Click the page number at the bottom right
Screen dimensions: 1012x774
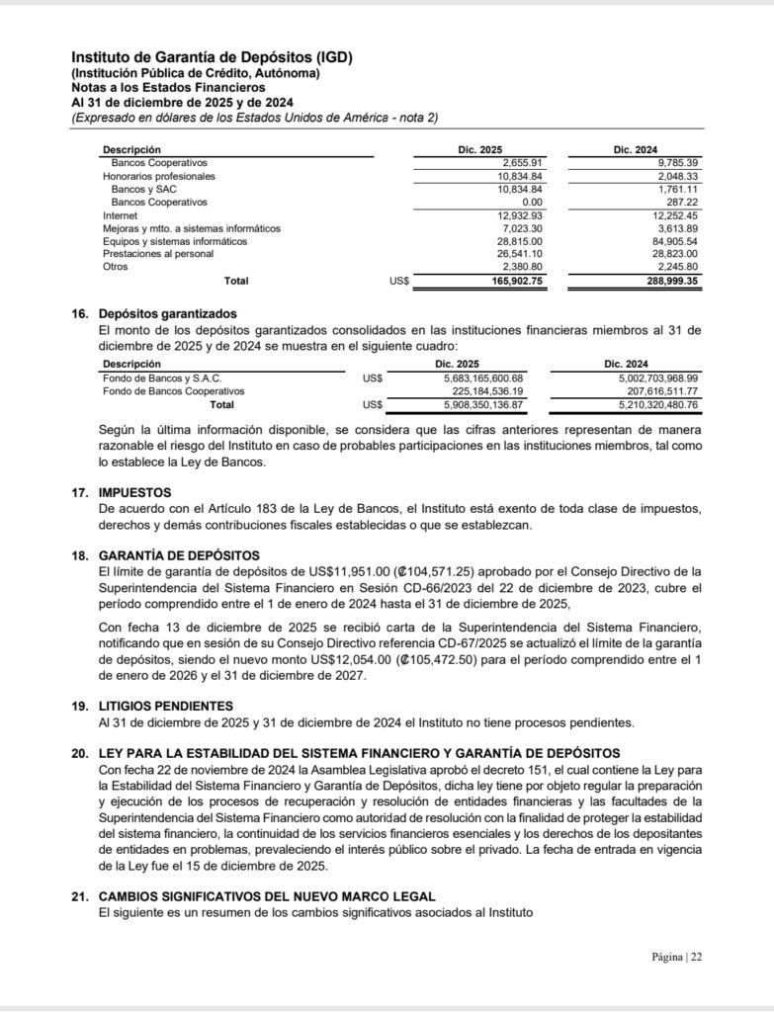[x=677, y=957]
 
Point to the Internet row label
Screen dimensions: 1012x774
[x=121, y=215]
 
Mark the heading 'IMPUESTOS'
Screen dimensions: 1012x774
[x=135, y=492]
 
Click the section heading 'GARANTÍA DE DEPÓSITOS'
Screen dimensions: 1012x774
[x=179, y=556]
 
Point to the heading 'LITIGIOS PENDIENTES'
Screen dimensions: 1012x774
[x=167, y=706]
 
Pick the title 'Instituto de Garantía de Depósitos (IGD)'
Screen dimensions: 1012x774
[x=212, y=57]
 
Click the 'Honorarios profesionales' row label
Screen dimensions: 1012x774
[x=158, y=176]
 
